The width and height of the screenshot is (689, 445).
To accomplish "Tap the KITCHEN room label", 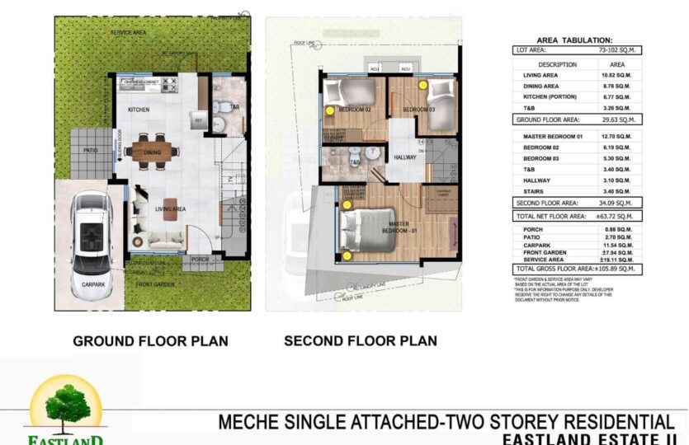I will click(138, 110).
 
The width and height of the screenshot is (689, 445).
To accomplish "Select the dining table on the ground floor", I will click(153, 151).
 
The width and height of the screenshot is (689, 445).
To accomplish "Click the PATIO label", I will click(91, 150).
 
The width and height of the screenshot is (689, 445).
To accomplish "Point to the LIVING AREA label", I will click(171, 209).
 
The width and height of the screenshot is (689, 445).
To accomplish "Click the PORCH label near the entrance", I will click(200, 259).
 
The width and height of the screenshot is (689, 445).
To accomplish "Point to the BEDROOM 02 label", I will click(356, 110).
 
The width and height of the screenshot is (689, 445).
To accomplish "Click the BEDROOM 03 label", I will click(418, 110).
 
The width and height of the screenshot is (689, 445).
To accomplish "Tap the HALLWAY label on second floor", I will click(405, 157).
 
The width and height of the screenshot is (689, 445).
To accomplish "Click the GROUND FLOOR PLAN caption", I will click(150, 340).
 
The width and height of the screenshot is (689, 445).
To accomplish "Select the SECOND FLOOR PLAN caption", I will click(361, 340).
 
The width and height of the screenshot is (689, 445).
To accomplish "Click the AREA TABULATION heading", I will click(574, 40).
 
